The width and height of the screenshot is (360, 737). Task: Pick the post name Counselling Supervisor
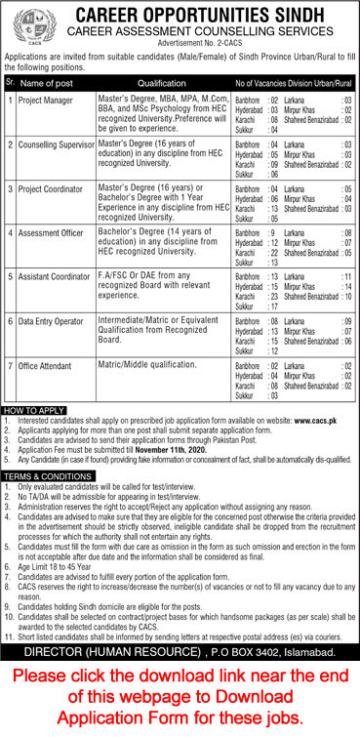tap(55, 144)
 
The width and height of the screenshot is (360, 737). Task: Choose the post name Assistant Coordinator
tap(54, 277)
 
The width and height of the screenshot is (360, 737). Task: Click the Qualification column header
tap(161, 84)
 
